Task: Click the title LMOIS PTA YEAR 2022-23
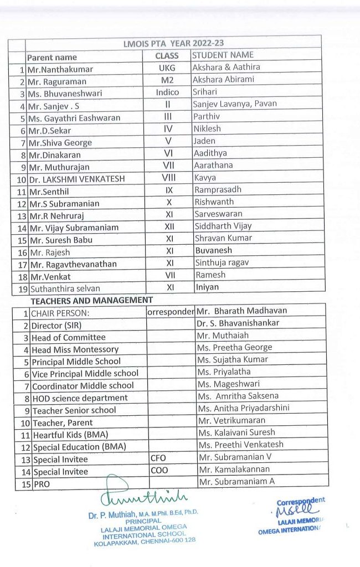tap(174, 43)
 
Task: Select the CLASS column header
tap(167, 55)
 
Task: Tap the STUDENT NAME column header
tap(223, 55)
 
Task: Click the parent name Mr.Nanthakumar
tap(60, 69)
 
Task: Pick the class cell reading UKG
tap(168, 68)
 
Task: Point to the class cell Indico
tap(168, 92)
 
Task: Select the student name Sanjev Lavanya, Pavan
tap(235, 104)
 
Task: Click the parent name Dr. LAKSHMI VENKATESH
tap(78, 179)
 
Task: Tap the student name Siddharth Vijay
tap(223, 225)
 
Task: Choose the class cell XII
tap(169, 226)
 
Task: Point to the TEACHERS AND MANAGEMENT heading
tap(91, 300)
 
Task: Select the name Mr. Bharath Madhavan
tap(243, 311)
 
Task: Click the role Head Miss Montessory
tap(75, 349)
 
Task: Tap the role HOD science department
tap(80, 398)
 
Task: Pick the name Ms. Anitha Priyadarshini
tap(244, 408)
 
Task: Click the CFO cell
tap(158, 458)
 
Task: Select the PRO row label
tap(42, 483)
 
